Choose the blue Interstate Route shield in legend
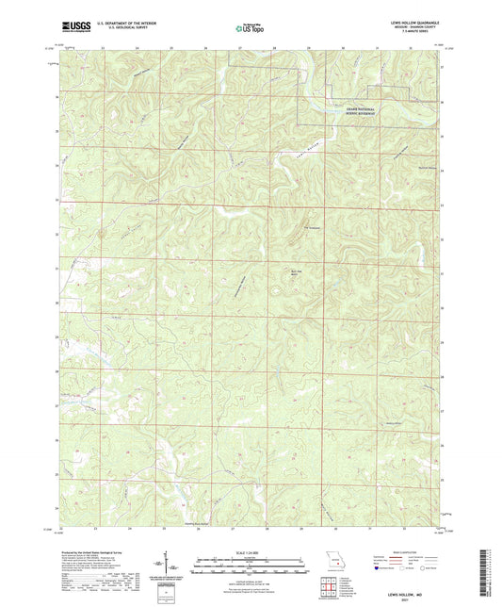tap(377, 568)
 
